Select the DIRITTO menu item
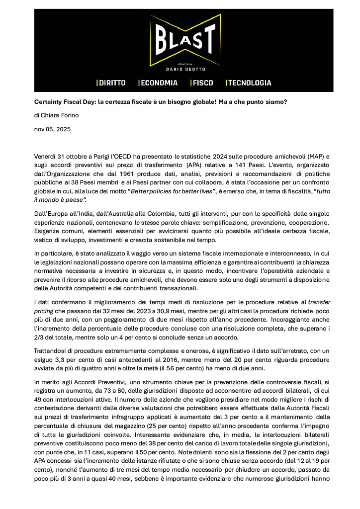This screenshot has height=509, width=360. point(112,83)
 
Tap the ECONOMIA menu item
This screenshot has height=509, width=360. point(159,83)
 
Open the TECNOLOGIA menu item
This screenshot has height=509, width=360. point(250,83)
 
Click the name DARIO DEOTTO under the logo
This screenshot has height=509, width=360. point(185,69)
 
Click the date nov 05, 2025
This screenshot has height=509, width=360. point(52,129)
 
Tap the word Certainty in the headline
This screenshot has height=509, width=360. point(51,102)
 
